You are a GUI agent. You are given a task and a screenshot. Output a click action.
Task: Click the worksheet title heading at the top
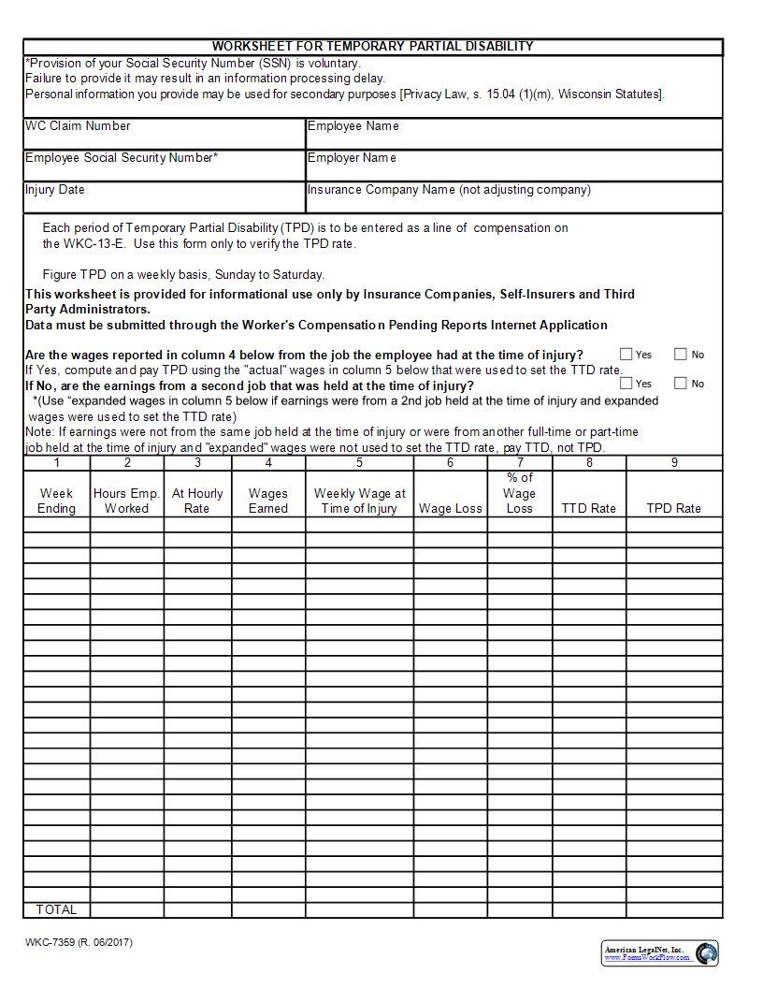click(372, 46)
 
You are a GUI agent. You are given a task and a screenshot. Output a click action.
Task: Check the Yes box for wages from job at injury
click(626, 355)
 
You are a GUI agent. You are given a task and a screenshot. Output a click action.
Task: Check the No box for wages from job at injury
click(681, 355)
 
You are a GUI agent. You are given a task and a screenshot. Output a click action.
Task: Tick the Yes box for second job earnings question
click(626, 383)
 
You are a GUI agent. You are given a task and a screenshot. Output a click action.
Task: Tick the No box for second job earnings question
click(681, 383)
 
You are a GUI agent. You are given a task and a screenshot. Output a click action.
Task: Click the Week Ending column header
click(56, 501)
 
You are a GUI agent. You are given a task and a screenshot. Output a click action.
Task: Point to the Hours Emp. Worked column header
click(127, 501)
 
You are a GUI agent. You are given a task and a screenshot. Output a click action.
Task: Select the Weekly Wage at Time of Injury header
click(359, 501)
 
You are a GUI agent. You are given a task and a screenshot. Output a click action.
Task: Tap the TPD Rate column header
click(673, 508)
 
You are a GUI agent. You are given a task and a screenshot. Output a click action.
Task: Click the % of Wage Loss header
click(519, 493)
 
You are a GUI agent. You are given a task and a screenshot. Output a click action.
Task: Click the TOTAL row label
click(56, 909)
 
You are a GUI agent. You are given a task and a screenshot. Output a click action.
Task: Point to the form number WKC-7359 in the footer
click(79, 942)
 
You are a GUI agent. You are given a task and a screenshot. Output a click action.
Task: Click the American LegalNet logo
click(660, 953)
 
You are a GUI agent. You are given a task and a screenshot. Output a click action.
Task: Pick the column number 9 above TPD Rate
click(673, 462)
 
